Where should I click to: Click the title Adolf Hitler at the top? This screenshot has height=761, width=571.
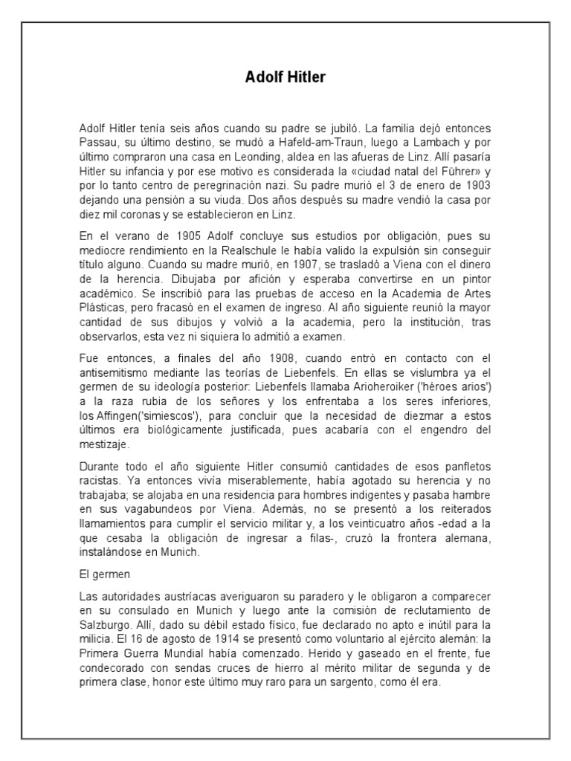point(285,77)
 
